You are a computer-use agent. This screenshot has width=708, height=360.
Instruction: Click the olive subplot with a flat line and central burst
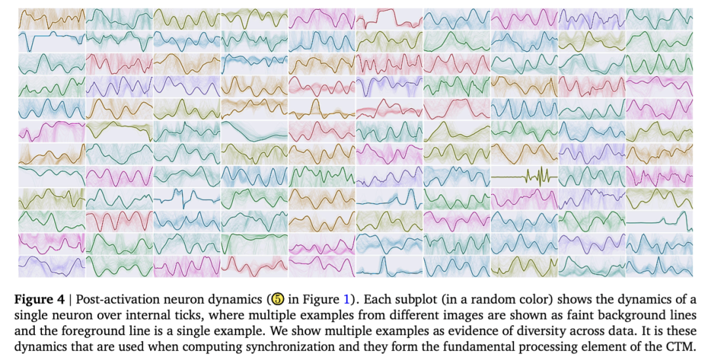[x=524, y=176]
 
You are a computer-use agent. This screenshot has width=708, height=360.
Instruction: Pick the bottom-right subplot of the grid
[x=659, y=266]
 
